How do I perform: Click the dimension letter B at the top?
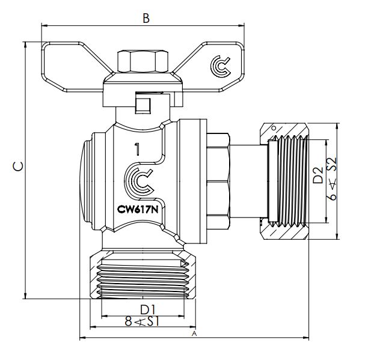pyautogui.click(x=146, y=18)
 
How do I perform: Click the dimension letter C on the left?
pyautogui.click(x=19, y=168)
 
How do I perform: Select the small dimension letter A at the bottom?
pyautogui.click(x=194, y=332)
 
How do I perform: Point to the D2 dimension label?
pyautogui.click(x=319, y=175)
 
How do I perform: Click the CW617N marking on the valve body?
pyautogui.click(x=137, y=210)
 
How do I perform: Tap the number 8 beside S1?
pyautogui.click(x=128, y=322)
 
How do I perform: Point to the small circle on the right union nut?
pyautogui.click(x=274, y=128)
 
